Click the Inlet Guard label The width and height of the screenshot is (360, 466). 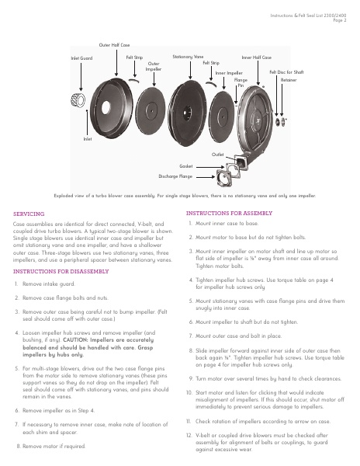[x=81, y=58]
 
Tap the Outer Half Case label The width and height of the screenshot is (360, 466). [x=114, y=45]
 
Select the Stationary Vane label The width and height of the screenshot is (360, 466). [x=188, y=57]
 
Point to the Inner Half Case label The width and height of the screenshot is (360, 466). [x=256, y=57]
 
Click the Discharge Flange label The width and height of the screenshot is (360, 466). [x=175, y=176]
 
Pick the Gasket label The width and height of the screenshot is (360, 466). [x=185, y=166]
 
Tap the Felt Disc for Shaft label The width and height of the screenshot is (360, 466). [x=286, y=72]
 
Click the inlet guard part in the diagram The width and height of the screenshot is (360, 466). [x=78, y=100]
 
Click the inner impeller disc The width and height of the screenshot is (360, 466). [x=222, y=113]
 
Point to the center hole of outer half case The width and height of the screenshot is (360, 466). [x=106, y=108]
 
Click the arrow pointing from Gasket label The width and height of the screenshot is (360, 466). [x=210, y=167]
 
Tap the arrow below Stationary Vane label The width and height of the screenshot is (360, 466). [x=190, y=70]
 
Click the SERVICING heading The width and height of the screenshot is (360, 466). [x=29, y=214]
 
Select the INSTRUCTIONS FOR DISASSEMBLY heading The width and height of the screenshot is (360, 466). [x=61, y=271]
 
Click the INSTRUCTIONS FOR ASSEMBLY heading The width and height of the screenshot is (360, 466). [x=229, y=213]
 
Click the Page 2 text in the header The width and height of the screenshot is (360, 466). [x=340, y=20]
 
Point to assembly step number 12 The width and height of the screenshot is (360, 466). [x=189, y=436]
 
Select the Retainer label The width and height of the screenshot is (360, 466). [x=289, y=80]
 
